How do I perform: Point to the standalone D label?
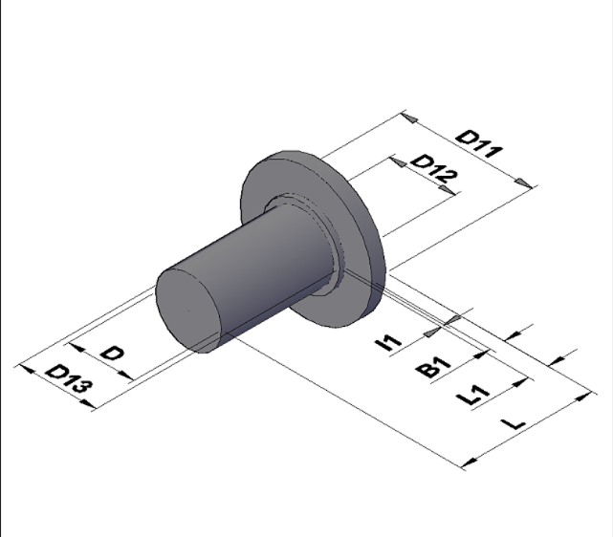point(113,354)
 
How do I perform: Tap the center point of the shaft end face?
point(189,311)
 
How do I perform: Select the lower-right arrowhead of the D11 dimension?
point(524,183)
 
